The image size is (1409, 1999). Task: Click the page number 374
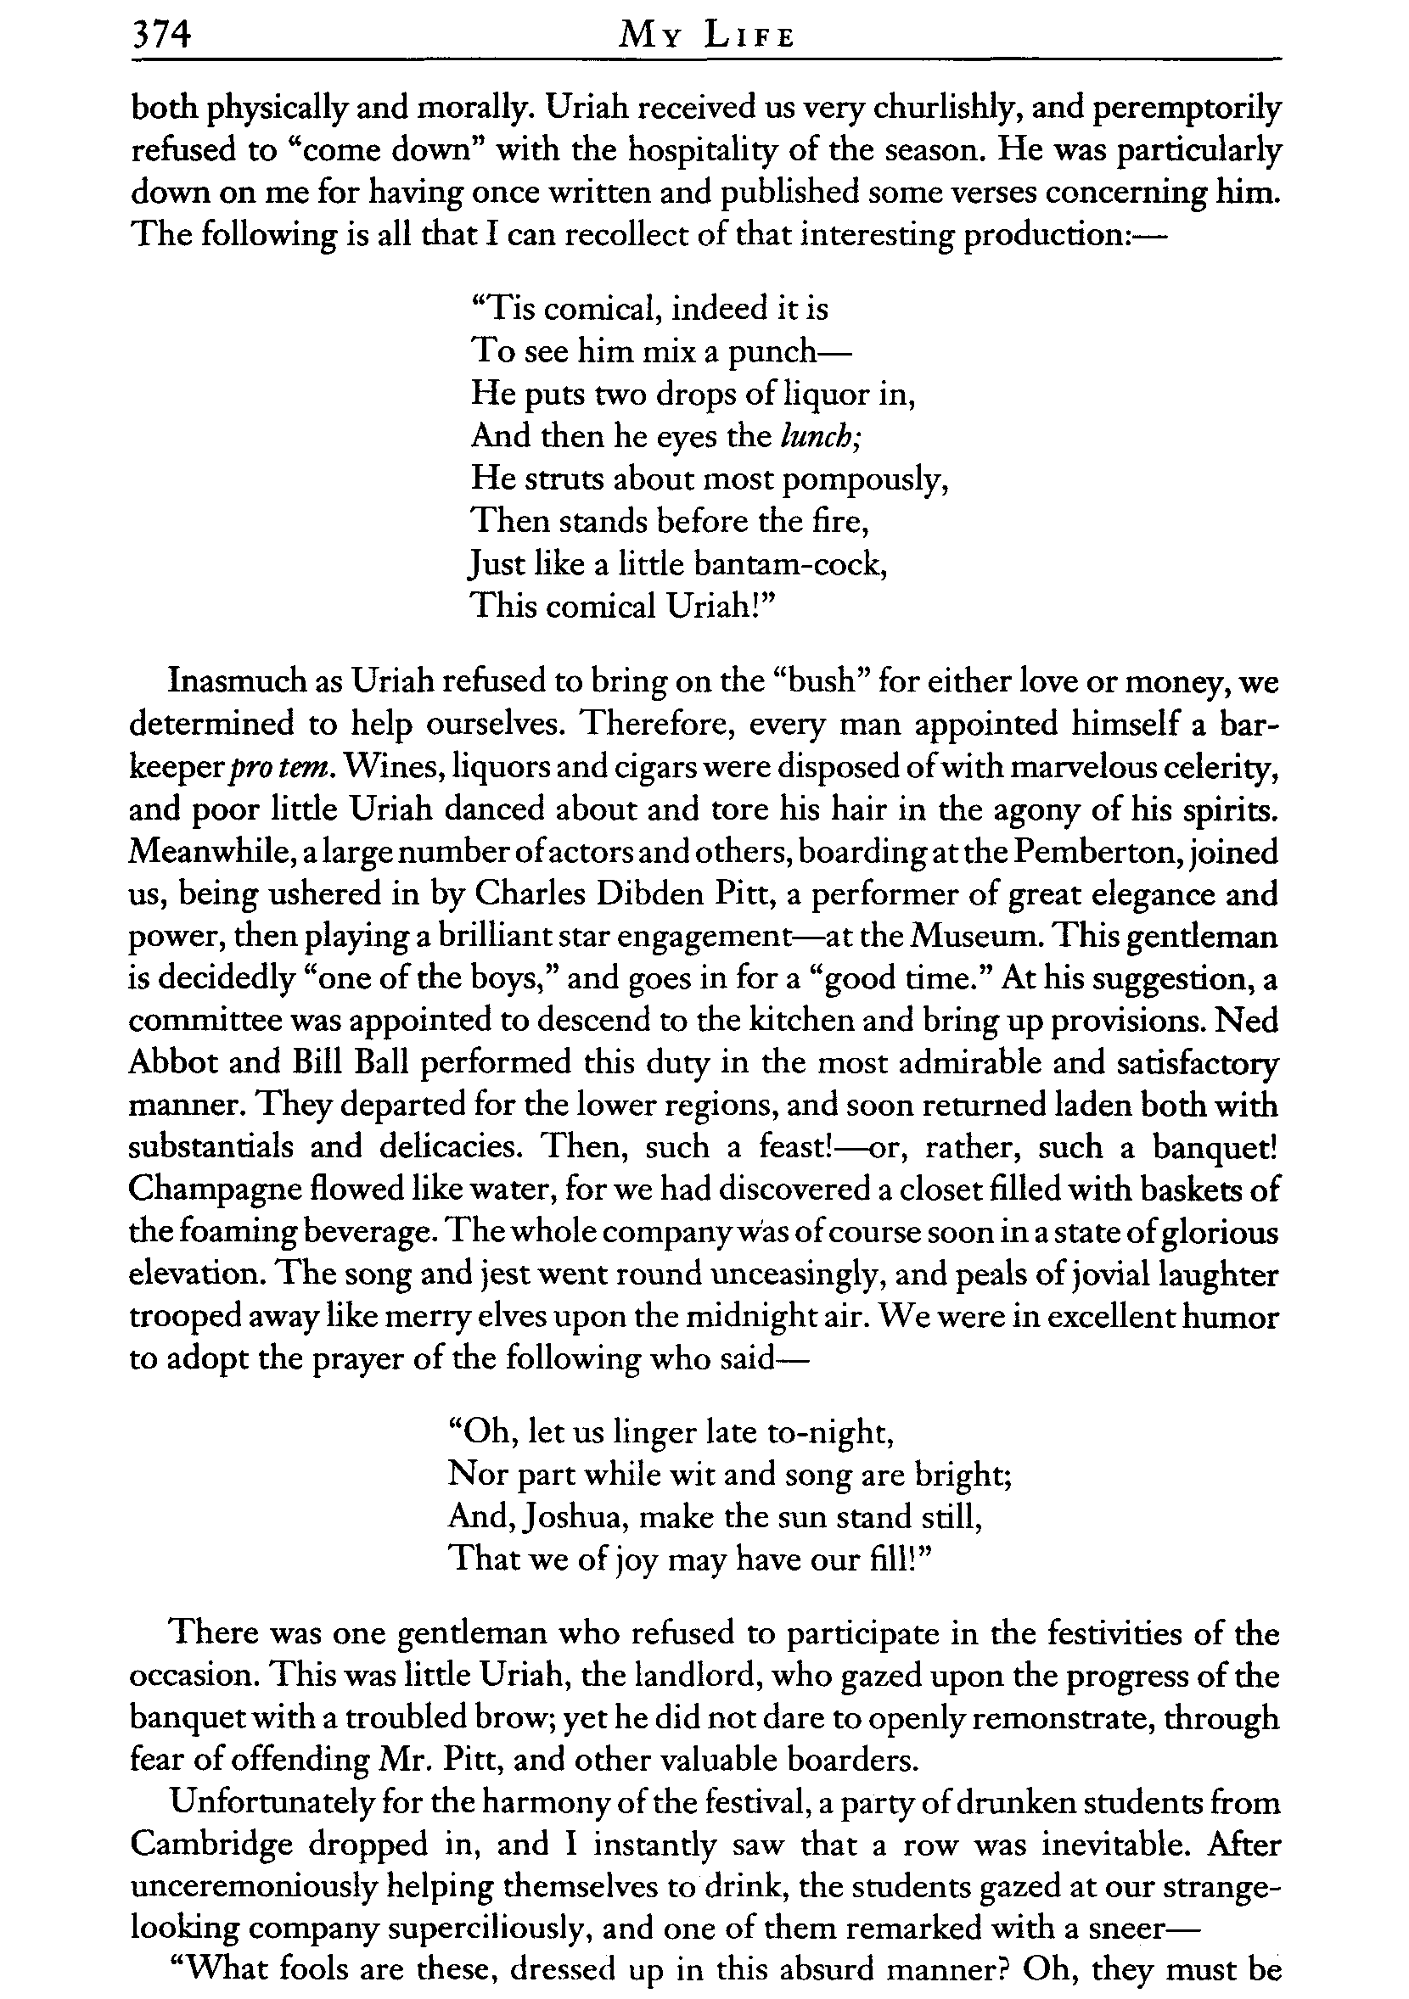[x=160, y=36]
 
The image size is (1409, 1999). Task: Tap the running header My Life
[x=705, y=37]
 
